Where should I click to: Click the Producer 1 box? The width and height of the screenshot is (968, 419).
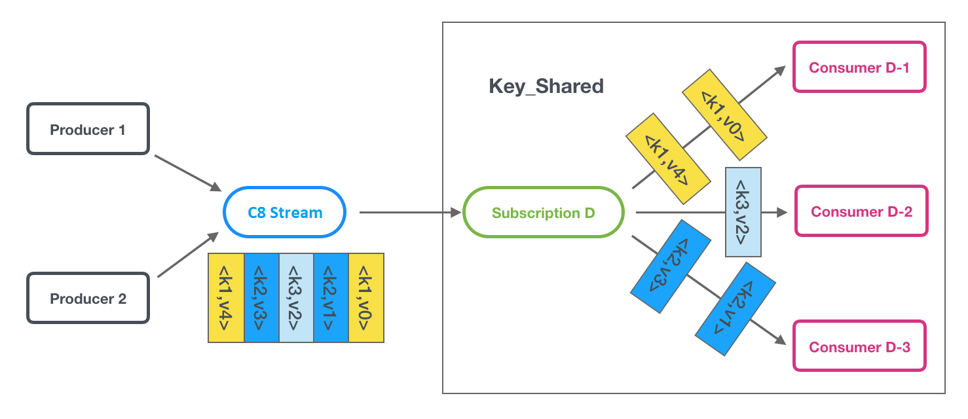pyautogui.click(x=88, y=129)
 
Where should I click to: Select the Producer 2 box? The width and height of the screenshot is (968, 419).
pyautogui.click(x=88, y=299)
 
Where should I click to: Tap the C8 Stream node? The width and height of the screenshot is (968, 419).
pyautogui.click(x=284, y=212)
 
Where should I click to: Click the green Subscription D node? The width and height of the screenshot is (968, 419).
pyautogui.click(x=543, y=212)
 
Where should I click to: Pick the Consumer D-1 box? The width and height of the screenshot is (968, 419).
pyautogui.click(x=859, y=67)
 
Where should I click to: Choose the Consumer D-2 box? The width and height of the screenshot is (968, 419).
pyautogui.click(x=861, y=211)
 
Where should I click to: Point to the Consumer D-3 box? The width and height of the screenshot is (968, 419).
pyautogui.click(x=859, y=346)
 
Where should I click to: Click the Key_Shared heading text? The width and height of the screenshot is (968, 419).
pyautogui.click(x=546, y=86)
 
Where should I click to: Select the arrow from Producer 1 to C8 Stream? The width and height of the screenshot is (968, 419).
pyautogui.click(x=187, y=173)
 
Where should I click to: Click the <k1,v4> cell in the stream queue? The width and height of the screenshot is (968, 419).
pyautogui.click(x=226, y=297)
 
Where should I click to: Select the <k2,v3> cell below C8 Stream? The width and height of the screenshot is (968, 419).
pyautogui.click(x=261, y=297)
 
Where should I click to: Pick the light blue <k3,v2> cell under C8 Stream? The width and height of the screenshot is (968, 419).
pyautogui.click(x=296, y=297)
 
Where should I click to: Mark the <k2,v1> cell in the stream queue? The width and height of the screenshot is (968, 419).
pyautogui.click(x=331, y=297)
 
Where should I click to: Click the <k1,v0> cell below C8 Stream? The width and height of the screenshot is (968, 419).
pyautogui.click(x=366, y=297)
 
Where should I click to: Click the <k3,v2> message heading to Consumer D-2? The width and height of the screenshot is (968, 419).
pyautogui.click(x=743, y=212)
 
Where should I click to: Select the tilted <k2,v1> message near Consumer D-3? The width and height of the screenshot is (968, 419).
pyautogui.click(x=735, y=309)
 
